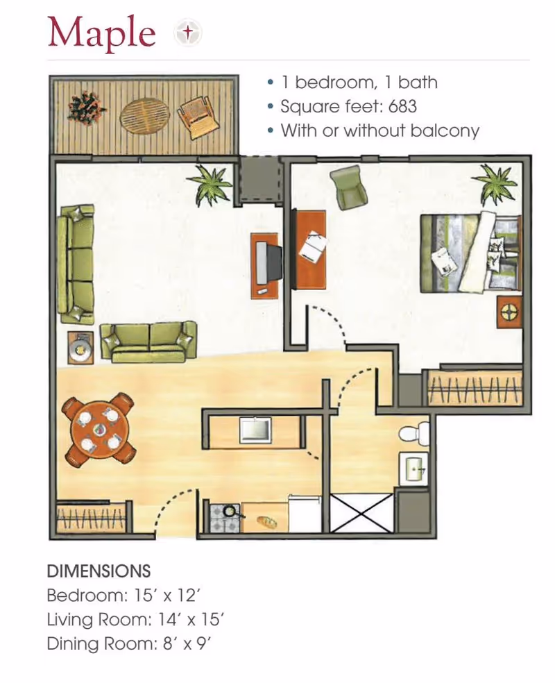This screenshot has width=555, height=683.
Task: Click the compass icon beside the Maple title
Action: click(x=187, y=32)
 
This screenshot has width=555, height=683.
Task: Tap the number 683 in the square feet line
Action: click(x=402, y=106)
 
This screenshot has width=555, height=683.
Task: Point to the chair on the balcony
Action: click(x=197, y=117)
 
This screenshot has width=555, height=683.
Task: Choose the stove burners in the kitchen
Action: click(x=225, y=518)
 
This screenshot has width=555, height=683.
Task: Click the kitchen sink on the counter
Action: click(x=255, y=431)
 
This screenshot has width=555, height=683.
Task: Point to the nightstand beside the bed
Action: click(x=509, y=312)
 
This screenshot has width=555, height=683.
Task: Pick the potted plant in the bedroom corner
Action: click(x=495, y=184)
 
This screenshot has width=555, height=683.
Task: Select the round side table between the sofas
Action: click(x=80, y=348)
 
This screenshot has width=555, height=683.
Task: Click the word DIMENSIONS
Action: click(x=99, y=571)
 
